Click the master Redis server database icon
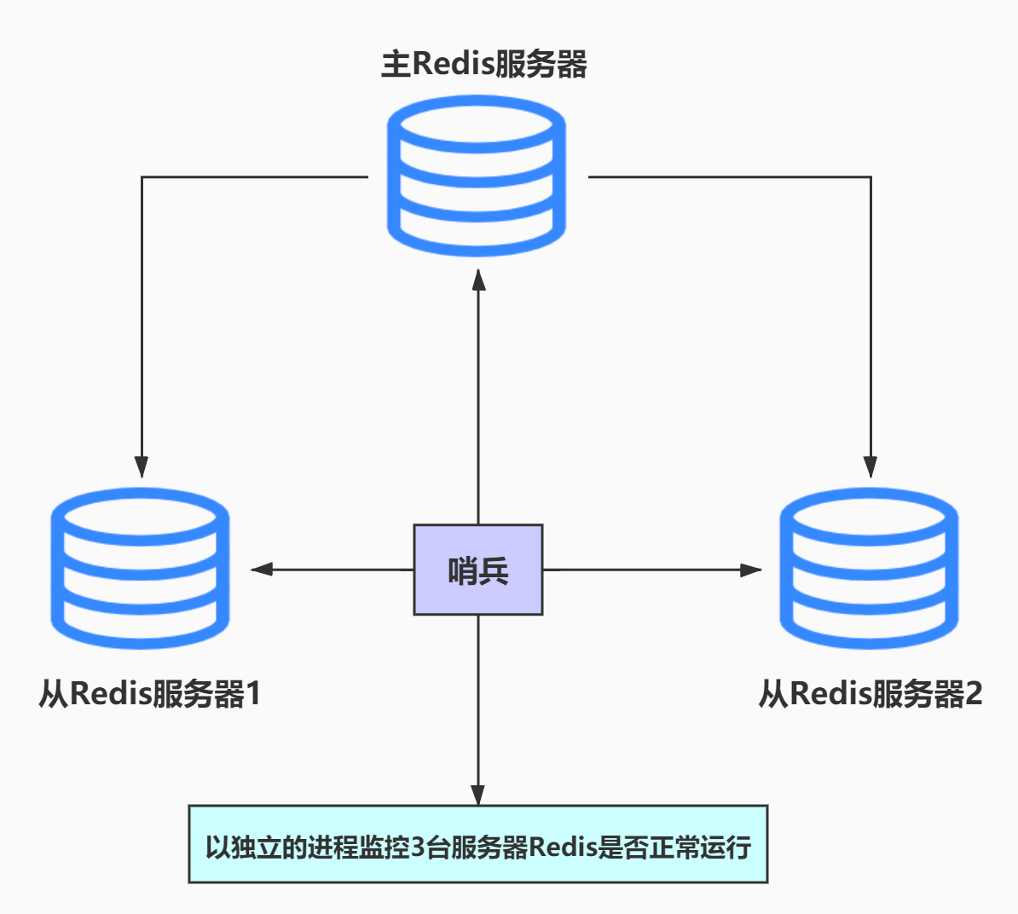point(477,176)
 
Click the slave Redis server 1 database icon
point(141,569)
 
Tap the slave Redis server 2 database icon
point(870,569)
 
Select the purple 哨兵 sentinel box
point(478,570)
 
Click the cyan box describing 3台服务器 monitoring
point(478,844)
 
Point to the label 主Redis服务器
point(483,65)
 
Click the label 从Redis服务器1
point(149,693)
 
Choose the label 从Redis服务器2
point(871,693)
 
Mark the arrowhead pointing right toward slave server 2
point(750,570)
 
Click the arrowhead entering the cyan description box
point(478,794)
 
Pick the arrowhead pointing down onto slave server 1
point(142,466)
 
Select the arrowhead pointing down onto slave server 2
point(871,466)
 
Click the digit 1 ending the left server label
point(252,694)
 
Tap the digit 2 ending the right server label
point(972,694)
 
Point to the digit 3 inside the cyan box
point(418,847)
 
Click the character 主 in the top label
point(396,65)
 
